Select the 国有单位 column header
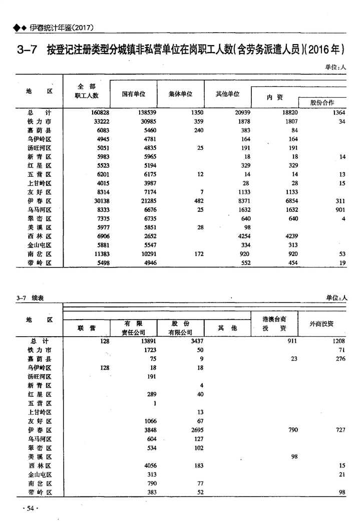(x=133, y=94)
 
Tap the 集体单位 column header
(x=181, y=94)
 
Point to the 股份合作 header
(x=322, y=102)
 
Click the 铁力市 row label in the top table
(x=40, y=122)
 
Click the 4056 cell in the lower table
(x=150, y=465)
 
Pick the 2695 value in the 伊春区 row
(x=194, y=430)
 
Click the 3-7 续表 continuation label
(x=30, y=298)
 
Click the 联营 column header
(x=87, y=328)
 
